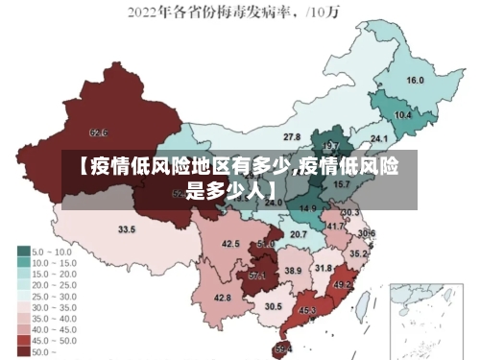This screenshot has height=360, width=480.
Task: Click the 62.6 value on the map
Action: coord(98,132)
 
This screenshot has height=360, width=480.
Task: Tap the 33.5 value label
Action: coord(127,229)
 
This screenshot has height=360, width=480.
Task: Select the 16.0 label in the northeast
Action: coord(416,81)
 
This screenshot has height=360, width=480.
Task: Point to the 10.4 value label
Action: coord(403,115)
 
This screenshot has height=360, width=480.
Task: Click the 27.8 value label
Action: coord(292,137)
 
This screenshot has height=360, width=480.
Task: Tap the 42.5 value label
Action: coord(230,244)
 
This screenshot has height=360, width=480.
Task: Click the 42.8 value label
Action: coord(222,298)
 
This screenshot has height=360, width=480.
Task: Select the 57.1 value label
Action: coord(257,276)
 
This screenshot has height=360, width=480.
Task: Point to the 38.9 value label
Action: coord(293,271)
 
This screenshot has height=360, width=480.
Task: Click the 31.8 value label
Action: coord(324,268)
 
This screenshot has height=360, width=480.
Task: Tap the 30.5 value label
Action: coord(274,306)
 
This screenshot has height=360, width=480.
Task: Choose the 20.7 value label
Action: coord(299,234)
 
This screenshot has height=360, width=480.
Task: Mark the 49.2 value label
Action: coord(343,285)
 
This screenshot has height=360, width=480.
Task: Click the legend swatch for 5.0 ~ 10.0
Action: coord(22,251)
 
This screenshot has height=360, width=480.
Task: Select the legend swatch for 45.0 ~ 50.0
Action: coord(22,340)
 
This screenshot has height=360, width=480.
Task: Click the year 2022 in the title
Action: coord(147,12)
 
